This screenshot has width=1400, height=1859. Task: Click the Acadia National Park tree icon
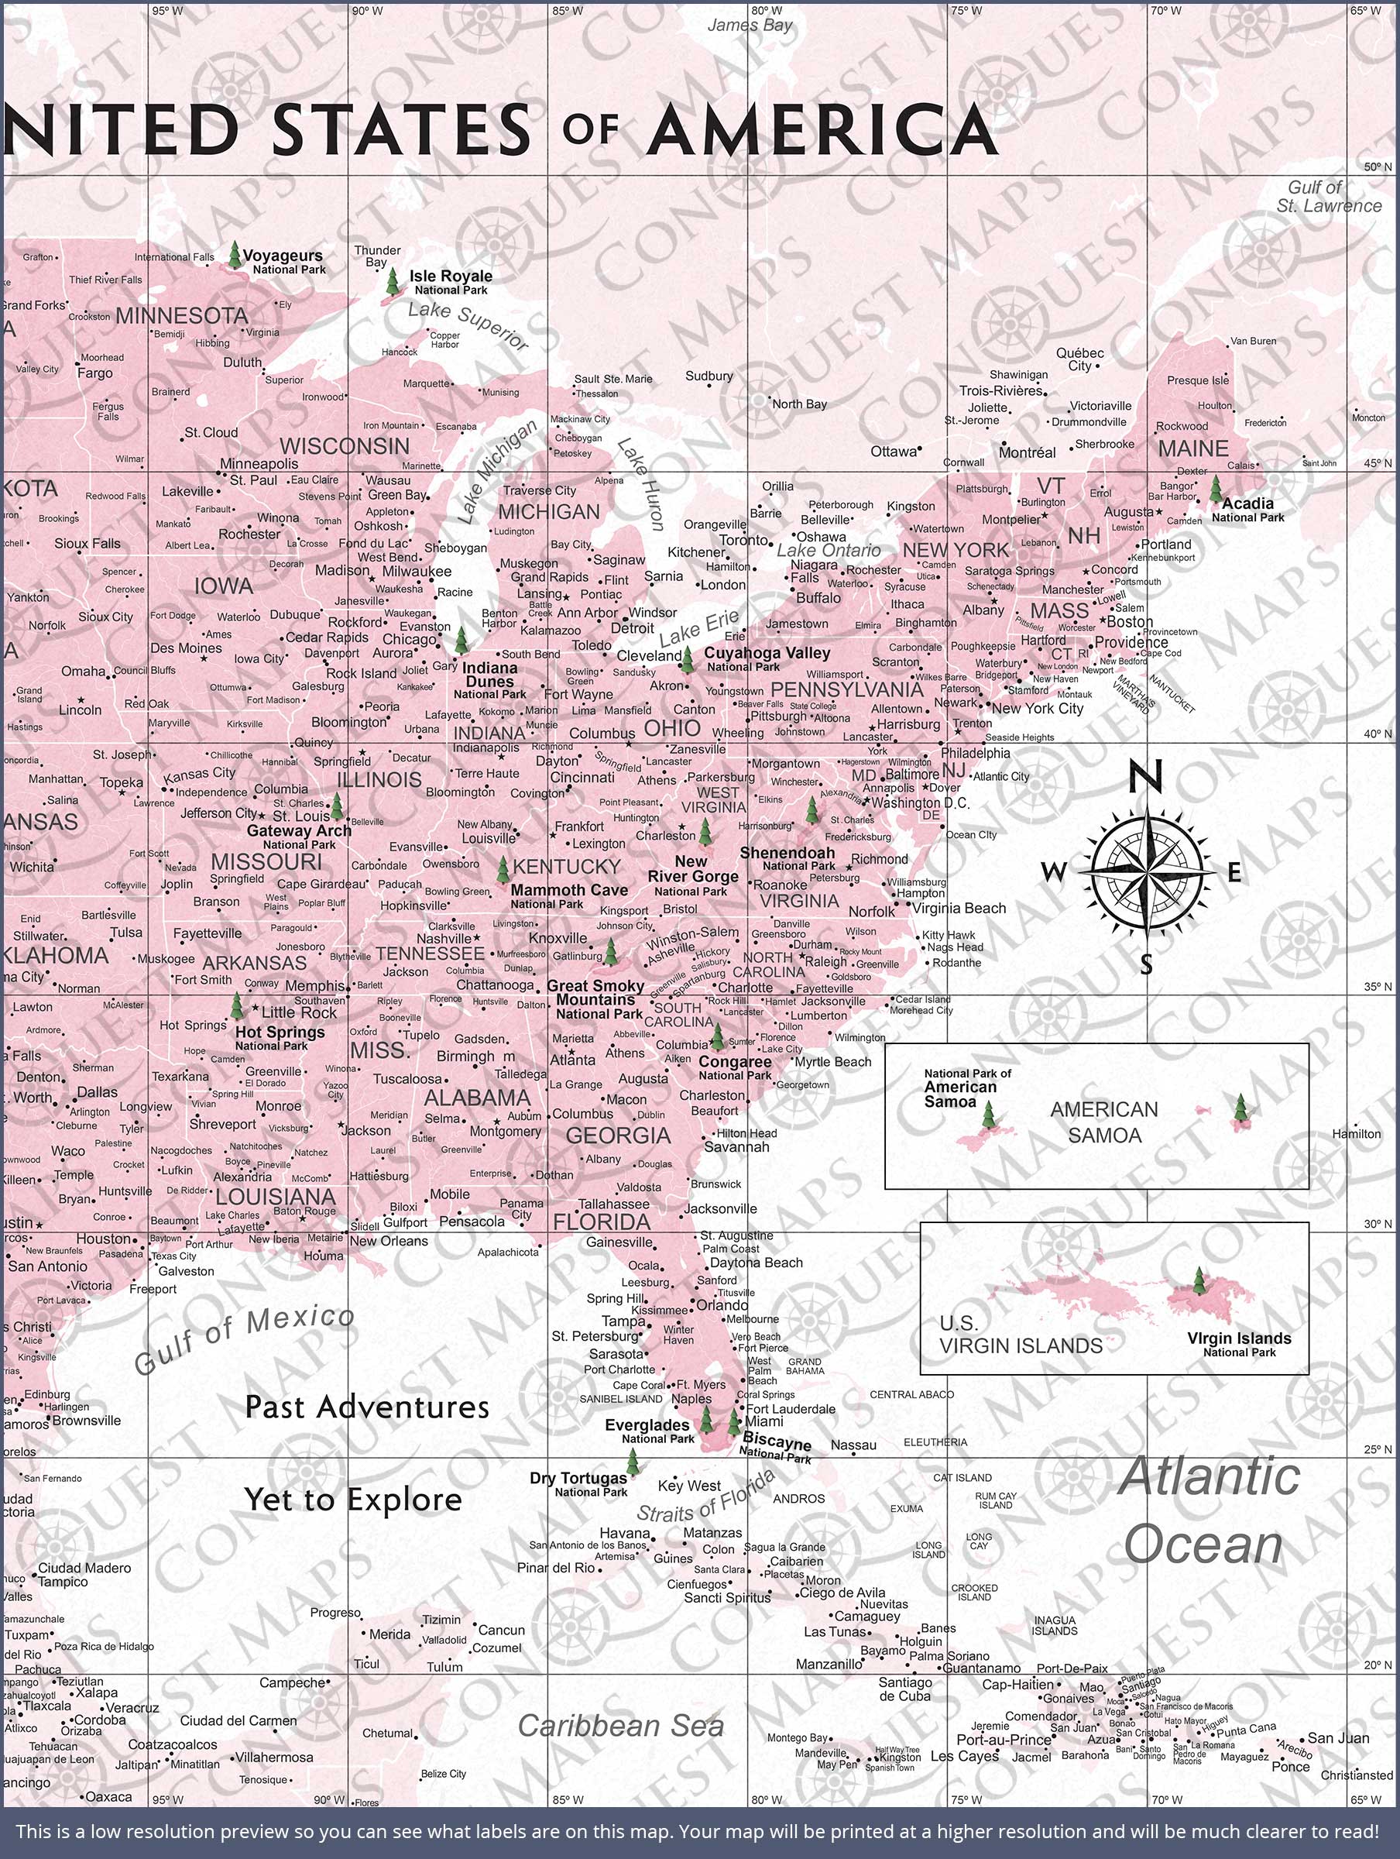point(1215,488)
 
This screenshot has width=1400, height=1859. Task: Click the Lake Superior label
point(468,325)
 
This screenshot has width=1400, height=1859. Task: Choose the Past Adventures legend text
point(366,1407)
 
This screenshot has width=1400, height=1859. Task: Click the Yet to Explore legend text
point(353,1500)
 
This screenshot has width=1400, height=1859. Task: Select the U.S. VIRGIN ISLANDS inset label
point(1020,1335)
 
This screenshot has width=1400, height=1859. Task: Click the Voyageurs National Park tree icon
point(235,254)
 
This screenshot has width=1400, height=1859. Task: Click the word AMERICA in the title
point(822,129)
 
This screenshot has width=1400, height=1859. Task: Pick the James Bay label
point(750,26)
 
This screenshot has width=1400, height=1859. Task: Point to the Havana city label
point(624,1533)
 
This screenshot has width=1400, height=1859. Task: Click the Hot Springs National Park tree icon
point(238,1006)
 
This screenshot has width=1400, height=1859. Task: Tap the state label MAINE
point(1192,448)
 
